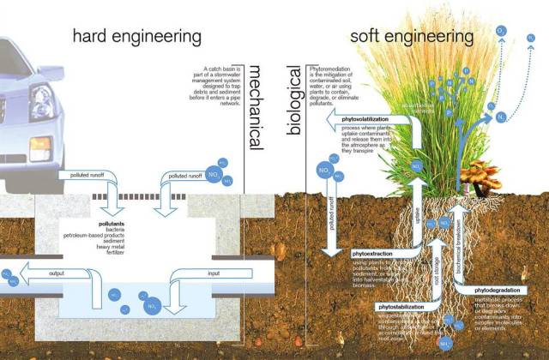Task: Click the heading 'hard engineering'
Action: pos(136,37)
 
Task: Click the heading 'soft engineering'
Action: pos(413,37)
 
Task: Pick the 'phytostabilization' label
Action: pos(404,306)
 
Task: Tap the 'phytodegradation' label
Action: pos(498,291)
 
